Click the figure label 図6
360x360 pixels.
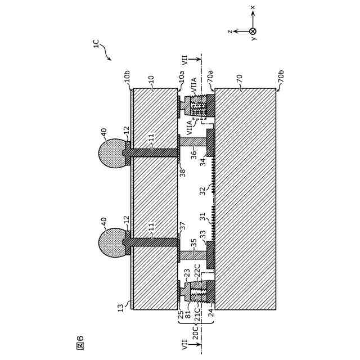click(x=79, y=342)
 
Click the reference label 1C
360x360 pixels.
click(x=96, y=44)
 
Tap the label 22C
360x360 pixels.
click(x=197, y=274)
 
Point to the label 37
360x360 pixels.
click(x=182, y=225)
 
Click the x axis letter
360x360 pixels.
click(x=253, y=7)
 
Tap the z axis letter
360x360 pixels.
click(x=229, y=31)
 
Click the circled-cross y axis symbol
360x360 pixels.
click(x=253, y=31)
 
